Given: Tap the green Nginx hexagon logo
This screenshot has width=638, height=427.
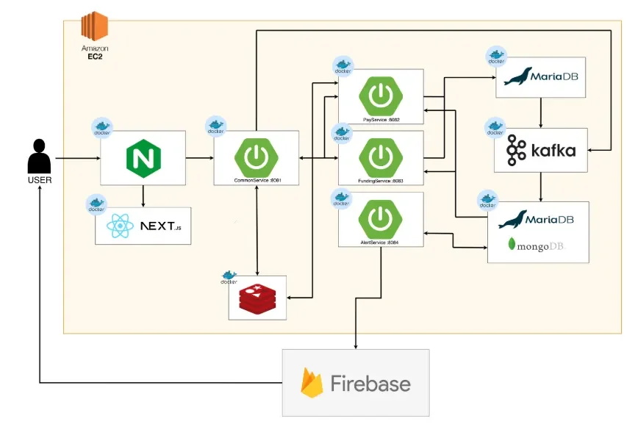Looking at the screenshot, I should tap(143, 158).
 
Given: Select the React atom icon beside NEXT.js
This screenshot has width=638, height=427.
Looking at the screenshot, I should tap(120, 226).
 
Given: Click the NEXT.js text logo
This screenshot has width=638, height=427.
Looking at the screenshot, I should tap(160, 226).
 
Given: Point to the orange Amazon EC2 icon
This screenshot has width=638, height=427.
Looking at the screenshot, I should tap(94, 27).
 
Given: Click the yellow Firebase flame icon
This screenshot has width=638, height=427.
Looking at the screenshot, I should tap(312, 384).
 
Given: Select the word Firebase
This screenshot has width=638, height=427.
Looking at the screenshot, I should tap(370, 384).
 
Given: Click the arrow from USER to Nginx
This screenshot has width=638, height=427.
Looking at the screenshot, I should tap(77, 158).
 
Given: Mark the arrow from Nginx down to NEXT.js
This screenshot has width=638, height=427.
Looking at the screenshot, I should tap(143, 195).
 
